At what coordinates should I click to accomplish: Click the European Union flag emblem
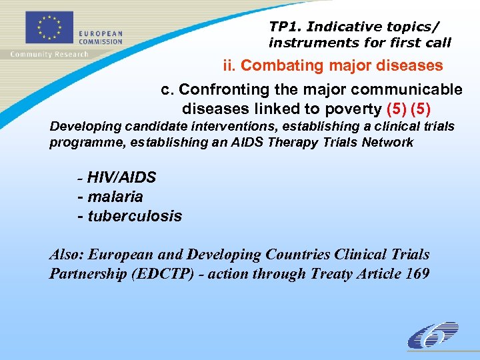(49, 29)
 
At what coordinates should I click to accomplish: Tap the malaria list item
(115, 197)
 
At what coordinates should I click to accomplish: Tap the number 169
(417, 274)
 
